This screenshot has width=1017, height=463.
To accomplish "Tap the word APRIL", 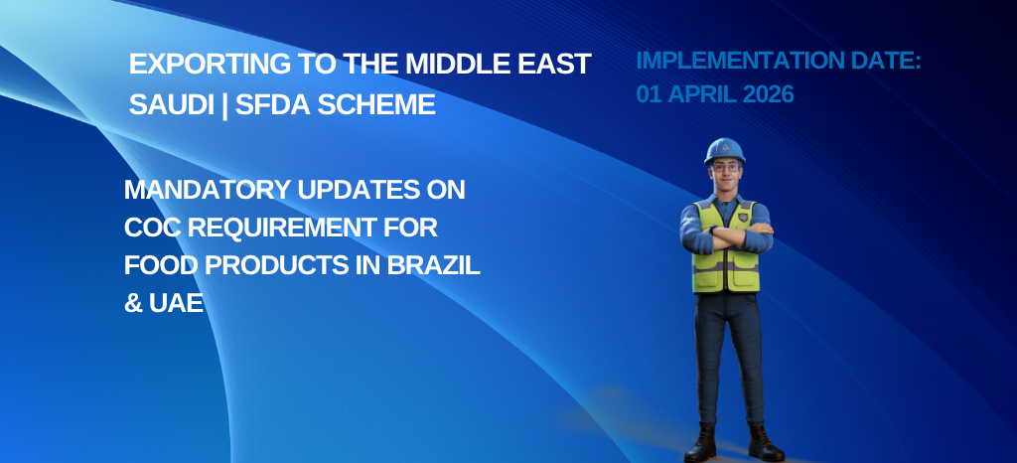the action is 702,94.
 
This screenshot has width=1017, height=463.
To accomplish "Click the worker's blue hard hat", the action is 724,150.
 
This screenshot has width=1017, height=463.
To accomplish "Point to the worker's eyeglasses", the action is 725,167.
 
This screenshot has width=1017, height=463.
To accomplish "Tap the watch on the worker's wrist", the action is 712,230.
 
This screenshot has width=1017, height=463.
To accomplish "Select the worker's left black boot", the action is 766,444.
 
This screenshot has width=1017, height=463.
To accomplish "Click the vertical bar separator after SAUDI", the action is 224,105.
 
